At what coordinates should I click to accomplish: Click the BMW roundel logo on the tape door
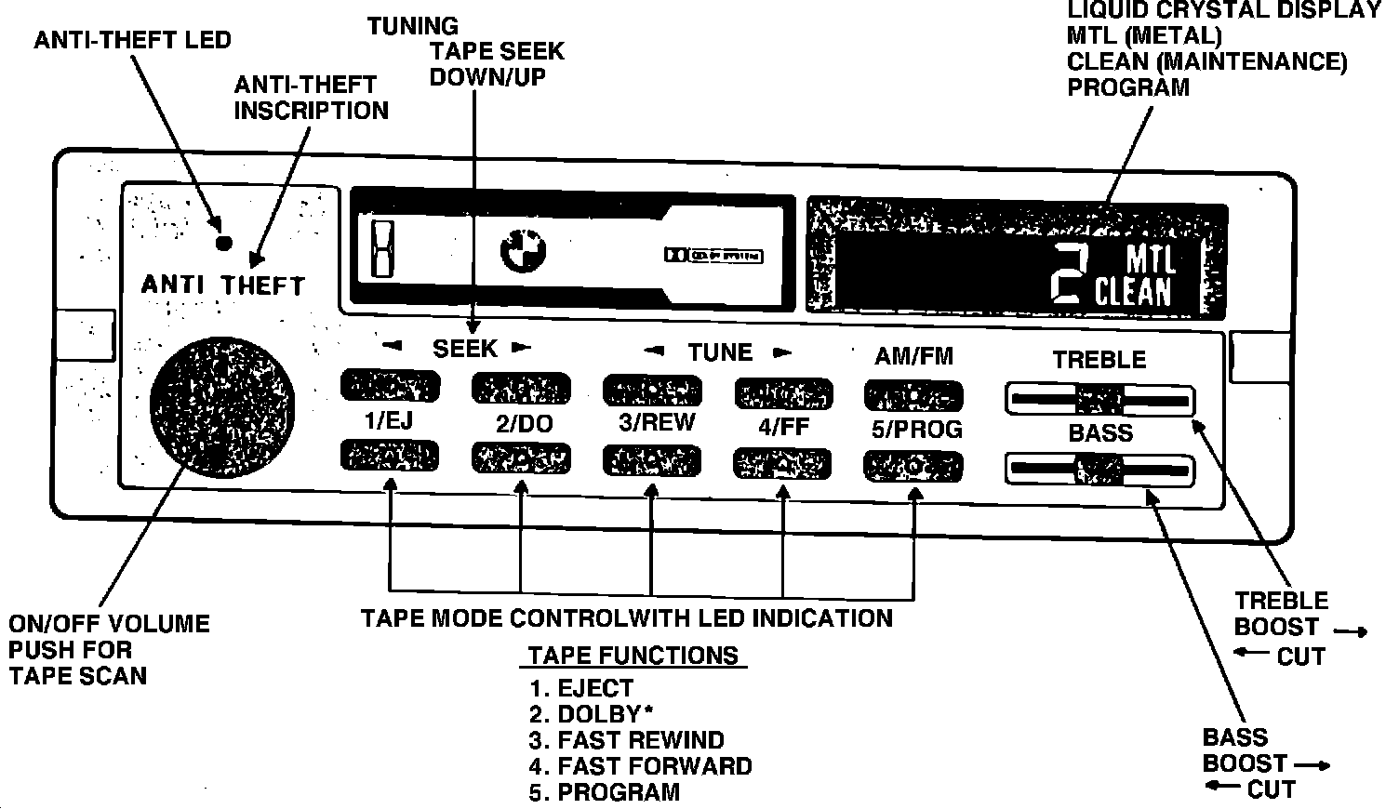coord(525,251)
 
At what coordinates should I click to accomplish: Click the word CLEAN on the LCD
coord(1133,293)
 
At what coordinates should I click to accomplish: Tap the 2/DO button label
coord(524,425)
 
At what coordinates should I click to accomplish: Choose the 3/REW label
coord(657,422)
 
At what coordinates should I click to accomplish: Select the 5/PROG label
coord(916,430)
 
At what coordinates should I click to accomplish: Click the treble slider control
coord(1099,401)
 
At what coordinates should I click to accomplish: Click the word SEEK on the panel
coord(465,349)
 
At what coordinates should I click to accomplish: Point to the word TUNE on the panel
coord(719,352)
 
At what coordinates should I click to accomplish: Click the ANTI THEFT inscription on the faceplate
coord(223,285)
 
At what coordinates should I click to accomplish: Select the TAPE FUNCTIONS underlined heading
coord(633,656)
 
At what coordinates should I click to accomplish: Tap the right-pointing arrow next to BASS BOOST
coord(1311,765)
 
